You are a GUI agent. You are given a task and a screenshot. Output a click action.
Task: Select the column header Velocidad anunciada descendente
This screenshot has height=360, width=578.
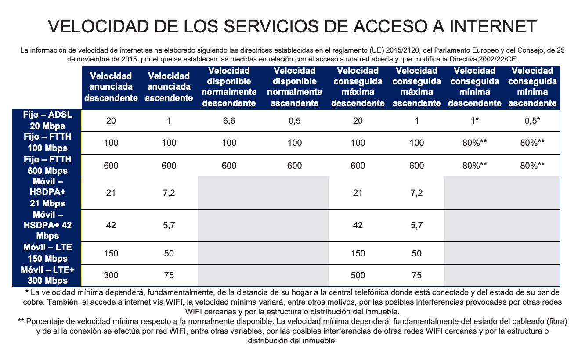[x=111, y=87]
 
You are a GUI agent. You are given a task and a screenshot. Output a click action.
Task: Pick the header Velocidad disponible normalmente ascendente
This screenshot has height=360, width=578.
[x=294, y=87]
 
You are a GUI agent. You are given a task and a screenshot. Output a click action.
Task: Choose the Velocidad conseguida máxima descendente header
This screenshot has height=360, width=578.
[x=358, y=87]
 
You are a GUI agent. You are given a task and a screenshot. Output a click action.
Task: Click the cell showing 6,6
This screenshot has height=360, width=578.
[x=229, y=121]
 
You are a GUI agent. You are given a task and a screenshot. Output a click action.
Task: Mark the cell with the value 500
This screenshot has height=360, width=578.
[x=358, y=275]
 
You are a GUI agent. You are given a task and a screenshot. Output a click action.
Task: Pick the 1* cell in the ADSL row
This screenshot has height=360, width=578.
[x=475, y=121]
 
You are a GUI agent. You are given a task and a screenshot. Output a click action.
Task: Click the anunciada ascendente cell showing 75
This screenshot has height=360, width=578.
[x=169, y=275]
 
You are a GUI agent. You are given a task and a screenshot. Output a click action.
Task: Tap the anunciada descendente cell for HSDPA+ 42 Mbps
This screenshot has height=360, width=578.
[x=111, y=225]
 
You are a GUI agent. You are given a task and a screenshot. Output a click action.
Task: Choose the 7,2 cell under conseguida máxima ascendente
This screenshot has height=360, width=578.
[x=416, y=193]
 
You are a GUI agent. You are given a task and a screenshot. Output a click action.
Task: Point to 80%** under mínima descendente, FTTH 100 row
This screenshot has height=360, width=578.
[x=475, y=143]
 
